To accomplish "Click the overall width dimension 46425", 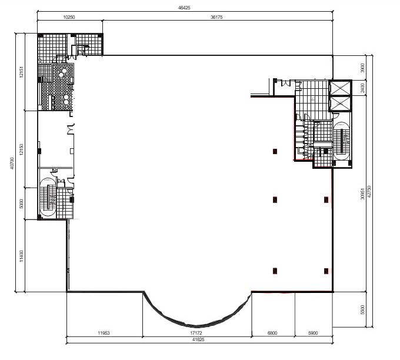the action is coord(184,8).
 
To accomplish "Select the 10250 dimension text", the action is coord(69,17).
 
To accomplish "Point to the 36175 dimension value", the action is coord(216,17).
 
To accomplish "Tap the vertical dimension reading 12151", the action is coord(21,72).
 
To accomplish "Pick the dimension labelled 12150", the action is coord(21,149).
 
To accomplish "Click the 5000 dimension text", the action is coord(21,204).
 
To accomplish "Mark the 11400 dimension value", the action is coord(21,256).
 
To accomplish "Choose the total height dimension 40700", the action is coord(12,164).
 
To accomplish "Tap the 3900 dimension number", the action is coord(362,68).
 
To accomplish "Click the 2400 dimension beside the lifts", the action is coord(362,88).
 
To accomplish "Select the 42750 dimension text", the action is coord(369,191).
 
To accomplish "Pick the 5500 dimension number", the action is coord(362,310).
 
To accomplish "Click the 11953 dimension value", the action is coord(104,333).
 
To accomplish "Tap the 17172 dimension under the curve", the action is coord(196,333).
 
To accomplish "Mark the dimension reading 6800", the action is coord(272,333).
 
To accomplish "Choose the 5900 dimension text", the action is coord(313,333).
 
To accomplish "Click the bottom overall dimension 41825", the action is coord(198,339).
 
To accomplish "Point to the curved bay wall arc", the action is coord(196,326).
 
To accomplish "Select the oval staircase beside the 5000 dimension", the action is coord(48,197).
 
